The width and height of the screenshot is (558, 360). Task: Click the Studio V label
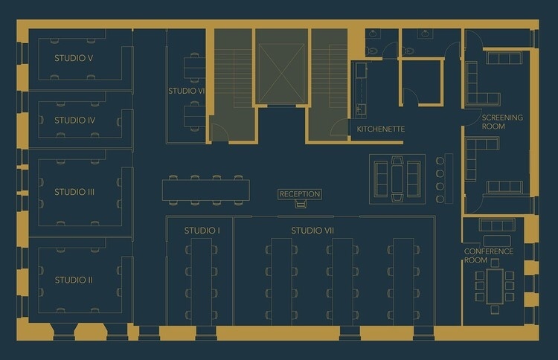73,57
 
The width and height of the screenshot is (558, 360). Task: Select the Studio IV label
75,120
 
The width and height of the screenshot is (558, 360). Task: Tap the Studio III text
74,192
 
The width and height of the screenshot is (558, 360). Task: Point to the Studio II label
74,280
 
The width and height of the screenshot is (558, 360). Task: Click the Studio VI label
186,91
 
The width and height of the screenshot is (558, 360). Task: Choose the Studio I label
202,231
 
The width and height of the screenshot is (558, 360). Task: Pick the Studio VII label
312,231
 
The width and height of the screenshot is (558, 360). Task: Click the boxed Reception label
300,194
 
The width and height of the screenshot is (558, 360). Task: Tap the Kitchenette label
380,129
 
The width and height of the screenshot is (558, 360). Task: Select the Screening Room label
502,122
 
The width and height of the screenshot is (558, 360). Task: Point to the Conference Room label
488,256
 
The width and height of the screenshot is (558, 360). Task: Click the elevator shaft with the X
281,73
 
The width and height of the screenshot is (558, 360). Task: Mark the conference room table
495,286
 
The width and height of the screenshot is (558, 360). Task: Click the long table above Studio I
205,190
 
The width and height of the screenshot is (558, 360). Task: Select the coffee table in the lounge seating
397,179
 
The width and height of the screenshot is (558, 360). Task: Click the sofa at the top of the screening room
504,58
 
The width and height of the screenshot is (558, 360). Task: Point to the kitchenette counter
360,89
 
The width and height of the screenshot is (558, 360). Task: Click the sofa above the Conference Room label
496,225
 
